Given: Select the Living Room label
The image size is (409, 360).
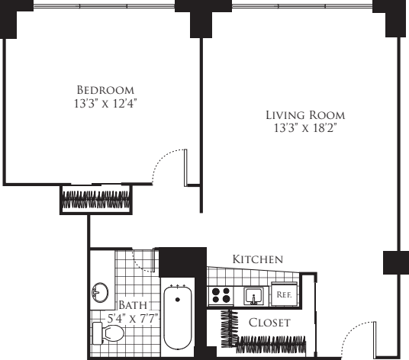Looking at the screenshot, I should pyautogui.click(x=305, y=115).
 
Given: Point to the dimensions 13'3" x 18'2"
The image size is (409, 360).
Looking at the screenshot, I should pyautogui.click(x=305, y=128).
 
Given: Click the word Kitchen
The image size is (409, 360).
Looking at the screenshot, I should pyautogui.click(x=258, y=259).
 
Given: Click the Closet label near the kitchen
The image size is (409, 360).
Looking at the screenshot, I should pyautogui.click(x=269, y=323).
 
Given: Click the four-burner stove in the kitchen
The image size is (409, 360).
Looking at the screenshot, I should pyautogui.click(x=221, y=294).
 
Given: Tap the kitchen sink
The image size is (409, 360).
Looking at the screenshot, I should pyautogui.click(x=254, y=294).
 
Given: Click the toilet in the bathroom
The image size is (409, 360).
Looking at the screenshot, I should pyautogui.click(x=108, y=333).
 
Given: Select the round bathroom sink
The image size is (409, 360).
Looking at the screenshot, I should pyautogui.click(x=99, y=293).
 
